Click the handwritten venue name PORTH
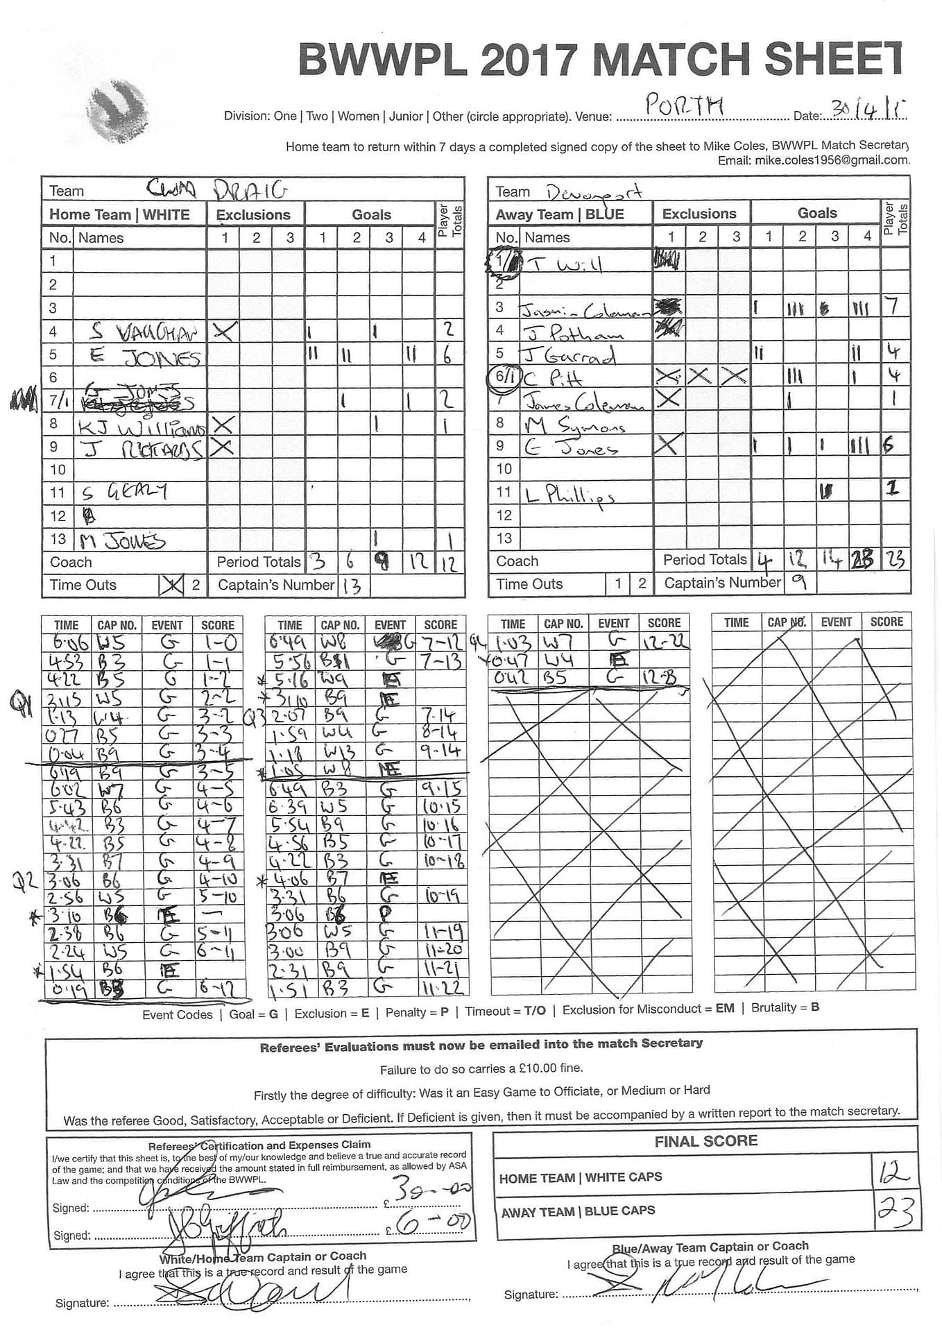click(x=684, y=106)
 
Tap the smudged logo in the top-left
click(x=118, y=111)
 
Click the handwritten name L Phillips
click(x=569, y=495)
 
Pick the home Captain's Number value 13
click(x=352, y=586)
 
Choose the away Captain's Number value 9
click(x=799, y=583)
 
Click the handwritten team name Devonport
click(x=594, y=191)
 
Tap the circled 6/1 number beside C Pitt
click(x=504, y=377)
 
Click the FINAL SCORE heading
click(x=705, y=1141)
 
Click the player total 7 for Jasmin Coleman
click(x=894, y=306)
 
